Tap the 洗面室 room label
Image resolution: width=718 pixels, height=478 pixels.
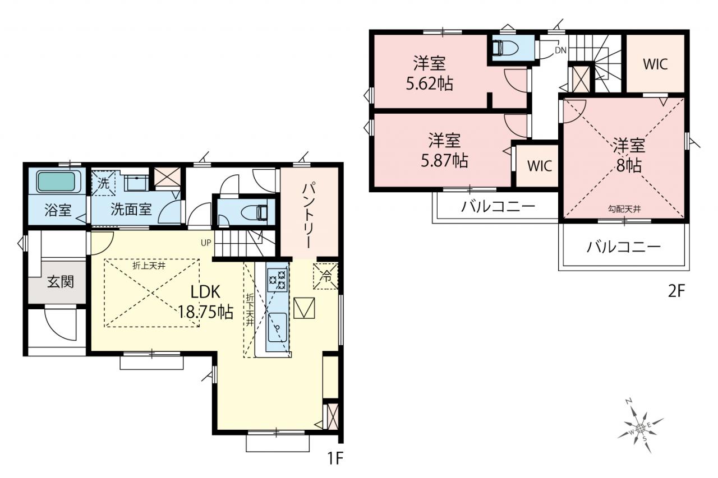coord(131,210)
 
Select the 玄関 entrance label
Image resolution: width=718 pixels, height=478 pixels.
coord(61,282)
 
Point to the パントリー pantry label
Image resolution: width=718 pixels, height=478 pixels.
coord(309,215)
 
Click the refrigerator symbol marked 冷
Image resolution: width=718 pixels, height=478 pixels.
coord(326,276)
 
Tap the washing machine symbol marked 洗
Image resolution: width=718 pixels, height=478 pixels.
coord(103,183)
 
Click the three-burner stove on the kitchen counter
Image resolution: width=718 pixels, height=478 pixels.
coord(277,280)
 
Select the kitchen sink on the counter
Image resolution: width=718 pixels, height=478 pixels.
coord(277,327)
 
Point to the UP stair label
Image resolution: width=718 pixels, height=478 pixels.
coord(206,243)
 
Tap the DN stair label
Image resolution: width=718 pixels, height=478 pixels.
coord(560,50)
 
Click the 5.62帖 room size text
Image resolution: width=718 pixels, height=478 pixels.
coord(430,84)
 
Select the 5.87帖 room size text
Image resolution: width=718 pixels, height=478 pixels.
coord(444,161)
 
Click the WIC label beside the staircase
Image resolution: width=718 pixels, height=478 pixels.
coord(655,64)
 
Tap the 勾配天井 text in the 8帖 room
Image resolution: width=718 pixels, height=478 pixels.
coord(624,210)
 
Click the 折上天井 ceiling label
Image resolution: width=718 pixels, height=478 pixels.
coord(149,266)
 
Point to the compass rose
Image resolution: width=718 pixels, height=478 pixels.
coord(640,428)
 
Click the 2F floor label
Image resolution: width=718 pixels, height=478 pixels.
coord(676,291)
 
